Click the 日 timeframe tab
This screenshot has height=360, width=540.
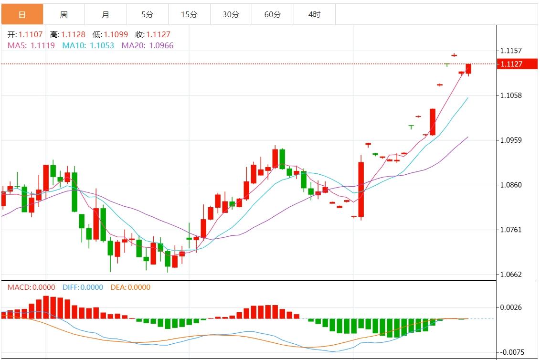(x=22, y=15)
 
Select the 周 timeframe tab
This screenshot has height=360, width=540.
(x=64, y=15)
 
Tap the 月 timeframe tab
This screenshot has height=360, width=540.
(x=106, y=15)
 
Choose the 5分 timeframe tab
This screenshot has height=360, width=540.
(x=148, y=15)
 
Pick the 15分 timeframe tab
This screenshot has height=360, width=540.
(x=189, y=15)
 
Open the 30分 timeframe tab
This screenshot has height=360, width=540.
(x=231, y=15)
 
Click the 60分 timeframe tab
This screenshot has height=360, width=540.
(x=273, y=15)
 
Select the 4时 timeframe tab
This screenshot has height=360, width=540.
(x=315, y=15)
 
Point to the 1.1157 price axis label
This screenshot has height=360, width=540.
(x=511, y=51)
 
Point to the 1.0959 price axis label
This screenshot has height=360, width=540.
(x=511, y=140)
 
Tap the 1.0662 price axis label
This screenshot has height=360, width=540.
(x=511, y=275)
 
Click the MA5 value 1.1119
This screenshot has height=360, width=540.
(x=42, y=45)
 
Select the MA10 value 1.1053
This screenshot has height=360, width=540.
(x=102, y=45)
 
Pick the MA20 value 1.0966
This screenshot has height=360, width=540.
(x=161, y=45)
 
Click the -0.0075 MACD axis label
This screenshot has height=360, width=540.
(x=512, y=352)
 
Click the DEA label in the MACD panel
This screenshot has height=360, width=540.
(x=117, y=287)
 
